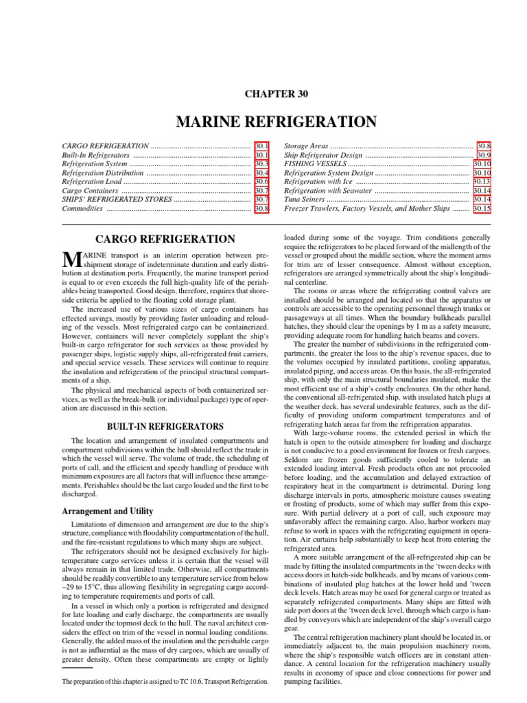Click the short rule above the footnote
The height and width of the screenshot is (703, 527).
tap(77, 667)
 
